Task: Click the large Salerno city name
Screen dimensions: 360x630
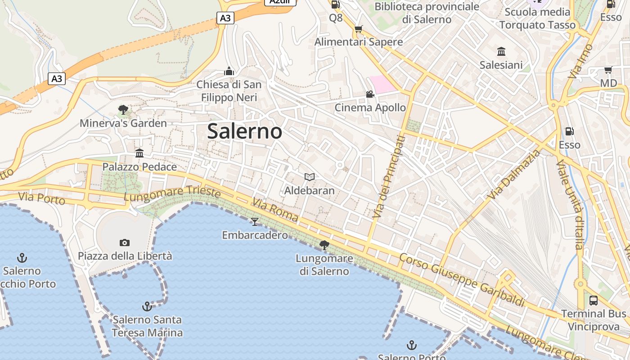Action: tap(245, 131)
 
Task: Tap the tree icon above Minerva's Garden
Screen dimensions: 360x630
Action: tap(123, 109)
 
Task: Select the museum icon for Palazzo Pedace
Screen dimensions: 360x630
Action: tap(139, 153)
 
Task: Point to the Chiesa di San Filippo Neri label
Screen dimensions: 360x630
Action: tap(229, 91)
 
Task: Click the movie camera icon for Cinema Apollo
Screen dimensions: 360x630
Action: tap(370, 94)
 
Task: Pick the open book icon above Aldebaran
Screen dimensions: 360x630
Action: tap(309, 177)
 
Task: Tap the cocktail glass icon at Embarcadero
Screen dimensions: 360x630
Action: tap(255, 221)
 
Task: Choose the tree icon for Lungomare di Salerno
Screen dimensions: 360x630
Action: tap(324, 245)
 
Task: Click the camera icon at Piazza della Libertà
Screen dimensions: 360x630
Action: tap(125, 243)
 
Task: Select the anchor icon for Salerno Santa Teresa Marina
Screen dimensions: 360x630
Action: tap(147, 306)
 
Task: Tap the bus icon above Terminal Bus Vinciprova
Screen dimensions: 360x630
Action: tap(594, 300)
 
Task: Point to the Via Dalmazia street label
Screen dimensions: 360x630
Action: tap(514, 175)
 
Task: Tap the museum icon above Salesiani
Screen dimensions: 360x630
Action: tap(501, 51)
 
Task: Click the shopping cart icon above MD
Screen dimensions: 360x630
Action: tap(608, 70)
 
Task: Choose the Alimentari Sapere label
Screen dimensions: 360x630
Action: tap(359, 42)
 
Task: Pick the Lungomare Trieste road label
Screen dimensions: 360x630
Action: tap(172, 193)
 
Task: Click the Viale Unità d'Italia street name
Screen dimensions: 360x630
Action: tap(569, 204)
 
